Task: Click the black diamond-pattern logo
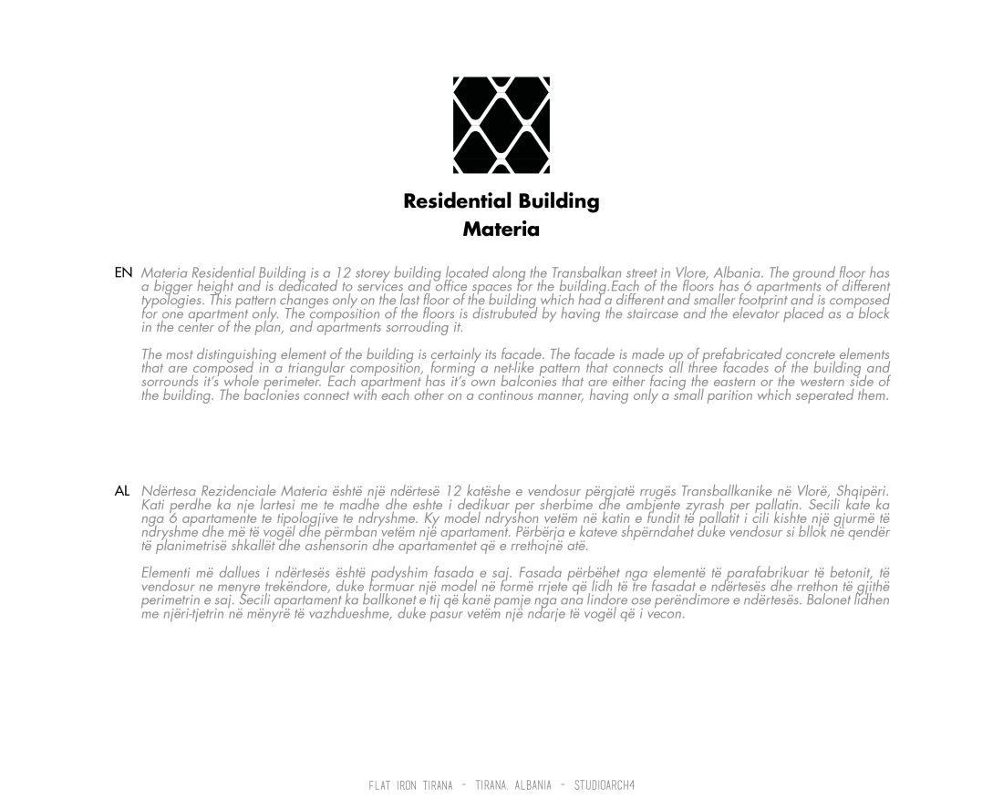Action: click(501, 125)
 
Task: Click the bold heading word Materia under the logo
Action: click(501, 230)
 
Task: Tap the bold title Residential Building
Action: click(501, 201)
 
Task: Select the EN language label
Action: click(123, 272)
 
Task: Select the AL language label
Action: click(122, 491)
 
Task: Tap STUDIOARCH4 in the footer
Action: click(604, 785)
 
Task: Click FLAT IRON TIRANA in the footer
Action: click(410, 785)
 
